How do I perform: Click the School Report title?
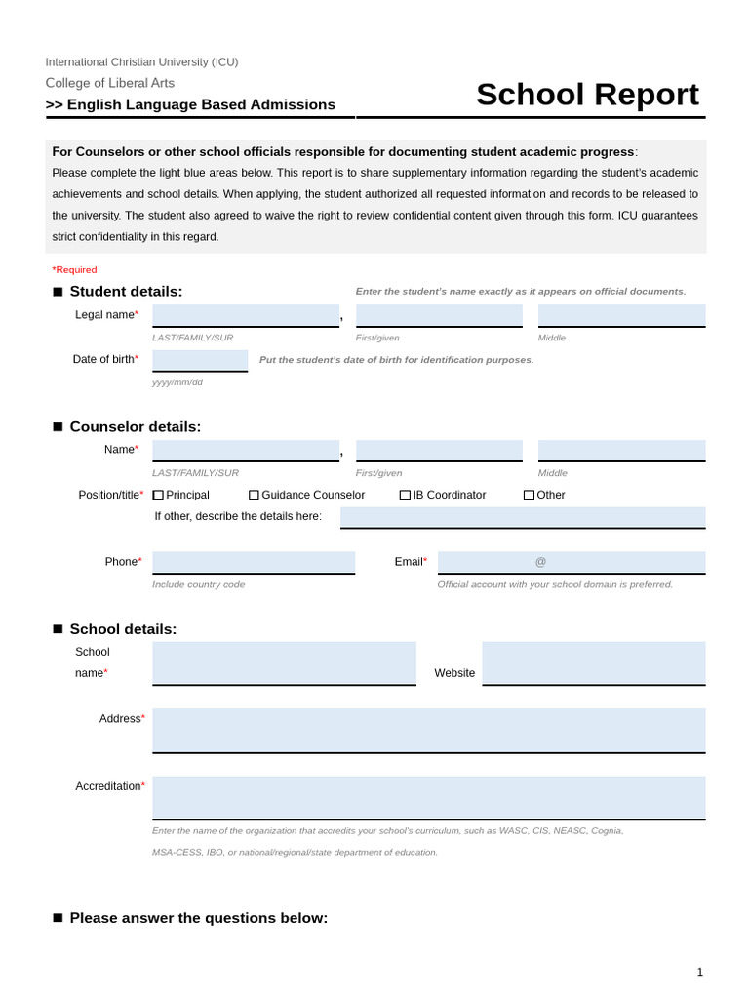[587, 95]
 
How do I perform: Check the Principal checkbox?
[158, 495]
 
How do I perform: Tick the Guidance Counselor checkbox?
[254, 495]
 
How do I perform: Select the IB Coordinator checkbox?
[405, 495]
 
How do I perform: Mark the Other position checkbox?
[529, 495]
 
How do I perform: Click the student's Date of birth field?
[200, 360]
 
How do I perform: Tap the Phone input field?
[254, 562]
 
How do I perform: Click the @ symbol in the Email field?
[540, 562]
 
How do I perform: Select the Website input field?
[593, 662]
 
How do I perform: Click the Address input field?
[428, 730]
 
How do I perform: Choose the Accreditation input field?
[428, 797]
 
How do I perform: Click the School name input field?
[284, 662]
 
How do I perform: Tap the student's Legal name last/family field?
[246, 315]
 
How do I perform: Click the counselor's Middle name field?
[621, 450]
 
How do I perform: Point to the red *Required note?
[74, 269]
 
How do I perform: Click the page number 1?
[699, 972]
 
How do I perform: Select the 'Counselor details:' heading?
[135, 426]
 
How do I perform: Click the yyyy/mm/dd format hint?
[177, 382]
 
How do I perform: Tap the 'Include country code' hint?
[198, 584]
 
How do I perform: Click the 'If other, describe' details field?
[522, 516]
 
